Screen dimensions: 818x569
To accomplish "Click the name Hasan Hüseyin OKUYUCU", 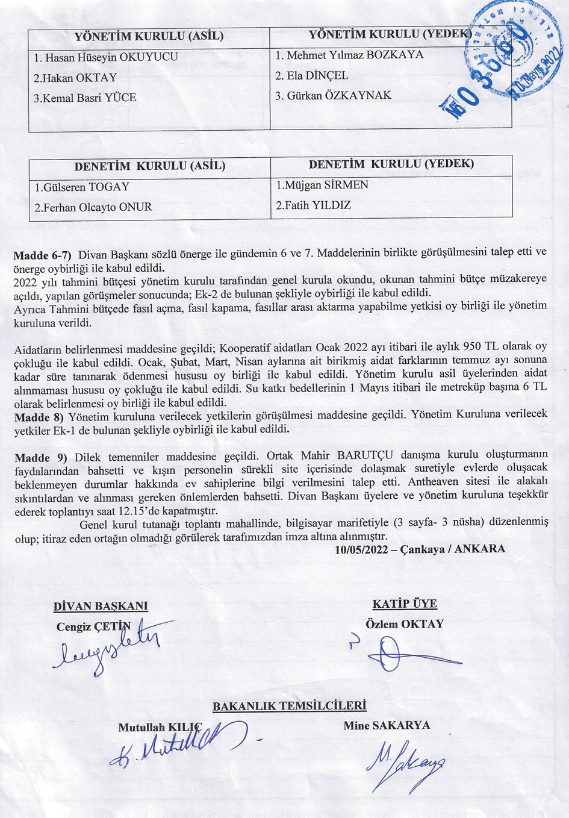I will click(106, 58).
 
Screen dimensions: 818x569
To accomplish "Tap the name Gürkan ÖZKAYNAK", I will click(333, 96).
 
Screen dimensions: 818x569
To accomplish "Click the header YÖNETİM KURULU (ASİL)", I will click(149, 36).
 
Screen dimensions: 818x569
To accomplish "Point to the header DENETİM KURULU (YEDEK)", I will click(391, 164).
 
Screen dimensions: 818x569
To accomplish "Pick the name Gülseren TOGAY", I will click(82, 187).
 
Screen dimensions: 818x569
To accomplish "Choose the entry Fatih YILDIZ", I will click(313, 205).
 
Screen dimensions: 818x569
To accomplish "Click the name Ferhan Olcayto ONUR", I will click(93, 207).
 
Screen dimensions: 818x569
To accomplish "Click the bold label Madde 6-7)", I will click(43, 255).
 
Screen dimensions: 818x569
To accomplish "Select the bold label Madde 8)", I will click(39, 417).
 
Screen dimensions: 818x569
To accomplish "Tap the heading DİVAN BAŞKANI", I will click(101, 607).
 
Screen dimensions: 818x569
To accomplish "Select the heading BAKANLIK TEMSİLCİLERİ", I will click(290, 707).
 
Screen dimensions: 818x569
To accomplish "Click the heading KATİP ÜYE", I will click(405, 604).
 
